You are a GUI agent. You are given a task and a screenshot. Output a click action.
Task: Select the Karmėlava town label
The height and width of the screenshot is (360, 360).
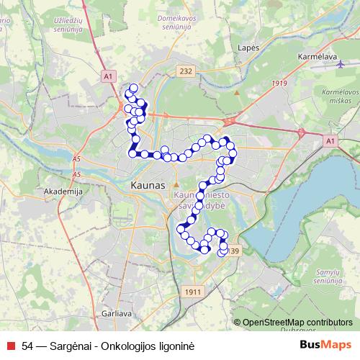click(x=315, y=55)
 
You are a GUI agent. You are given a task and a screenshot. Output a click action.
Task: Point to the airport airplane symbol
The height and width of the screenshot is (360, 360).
click(x=340, y=64)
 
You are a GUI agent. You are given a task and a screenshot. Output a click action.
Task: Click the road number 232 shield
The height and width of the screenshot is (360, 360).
click(x=186, y=71)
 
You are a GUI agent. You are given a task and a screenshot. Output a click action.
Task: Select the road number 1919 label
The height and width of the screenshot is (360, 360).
click(x=279, y=84)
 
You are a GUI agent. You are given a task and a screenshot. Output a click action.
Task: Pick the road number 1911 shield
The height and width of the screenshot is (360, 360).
click(x=192, y=291)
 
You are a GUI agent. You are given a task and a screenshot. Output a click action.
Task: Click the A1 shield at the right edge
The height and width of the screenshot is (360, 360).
click(x=330, y=141)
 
